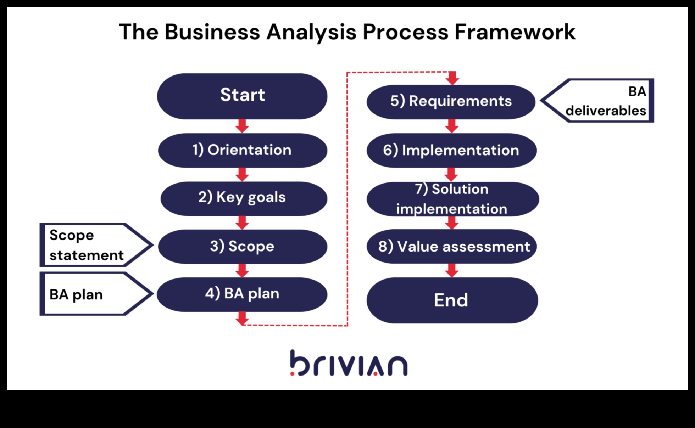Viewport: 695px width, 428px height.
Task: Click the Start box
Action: click(242, 96)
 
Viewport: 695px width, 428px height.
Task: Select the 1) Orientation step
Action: click(242, 150)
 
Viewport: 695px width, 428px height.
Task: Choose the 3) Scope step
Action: click(242, 247)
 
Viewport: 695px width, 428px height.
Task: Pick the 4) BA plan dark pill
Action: click(242, 294)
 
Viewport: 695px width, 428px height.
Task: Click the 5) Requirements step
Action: click(451, 102)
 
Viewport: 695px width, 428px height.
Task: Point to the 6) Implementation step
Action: click(451, 150)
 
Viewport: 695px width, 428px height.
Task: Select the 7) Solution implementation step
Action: click(452, 199)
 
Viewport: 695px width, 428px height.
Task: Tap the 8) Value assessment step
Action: click(452, 246)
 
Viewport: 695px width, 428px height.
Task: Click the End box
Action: click(452, 300)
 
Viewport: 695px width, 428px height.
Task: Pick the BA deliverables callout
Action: click(603, 101)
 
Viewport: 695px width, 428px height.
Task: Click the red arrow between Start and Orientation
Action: click(242, 126)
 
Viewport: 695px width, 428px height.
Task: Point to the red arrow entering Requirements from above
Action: click(452, 78)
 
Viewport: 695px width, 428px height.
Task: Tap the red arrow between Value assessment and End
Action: click(452, 270)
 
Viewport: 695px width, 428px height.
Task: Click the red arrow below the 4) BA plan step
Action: click(242, 318)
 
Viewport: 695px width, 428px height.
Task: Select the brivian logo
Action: click(349, 363)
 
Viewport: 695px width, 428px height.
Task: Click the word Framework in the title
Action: click(515, 32)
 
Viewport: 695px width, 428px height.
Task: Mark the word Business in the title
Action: click(212, 32)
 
